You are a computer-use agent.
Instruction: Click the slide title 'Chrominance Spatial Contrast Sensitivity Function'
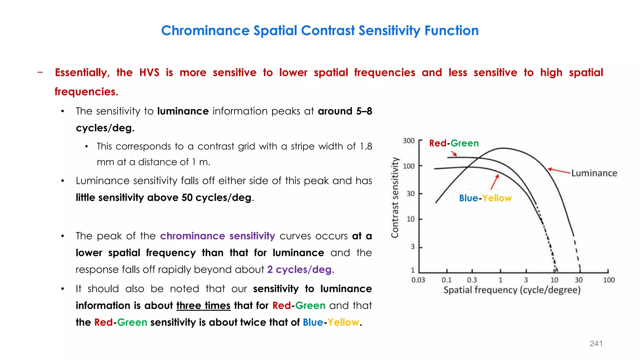tap(320, 31)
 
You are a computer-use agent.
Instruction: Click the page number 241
tap(596, 343)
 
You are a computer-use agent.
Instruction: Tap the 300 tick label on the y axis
tap(408, 141)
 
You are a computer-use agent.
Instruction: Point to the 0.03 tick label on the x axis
tap(418, 280)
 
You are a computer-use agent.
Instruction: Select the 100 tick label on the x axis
tap(609, 280)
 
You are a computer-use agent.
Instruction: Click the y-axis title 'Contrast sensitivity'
tap(395, 197)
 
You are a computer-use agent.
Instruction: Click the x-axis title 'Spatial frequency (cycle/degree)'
tap(512, 290)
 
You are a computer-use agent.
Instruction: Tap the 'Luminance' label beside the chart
tap(594, 173)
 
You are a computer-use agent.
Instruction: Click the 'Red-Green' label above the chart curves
tap(454, 143)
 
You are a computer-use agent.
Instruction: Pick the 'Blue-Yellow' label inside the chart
tap(485, 198)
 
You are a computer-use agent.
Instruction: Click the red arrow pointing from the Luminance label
tap(559, 171)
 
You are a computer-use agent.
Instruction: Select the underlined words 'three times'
tap(203, 305)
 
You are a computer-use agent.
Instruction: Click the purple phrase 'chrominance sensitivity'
tap(217, 236)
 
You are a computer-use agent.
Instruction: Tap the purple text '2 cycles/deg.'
tap(301, 269)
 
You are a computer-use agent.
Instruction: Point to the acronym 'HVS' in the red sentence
tap(149, 72)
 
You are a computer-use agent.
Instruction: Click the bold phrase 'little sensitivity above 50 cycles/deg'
tap(164, 197)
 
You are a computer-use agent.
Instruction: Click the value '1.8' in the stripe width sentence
tap(366, 146)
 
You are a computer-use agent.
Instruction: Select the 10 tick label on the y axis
tap(410, 219)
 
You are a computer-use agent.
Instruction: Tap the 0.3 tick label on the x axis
tap(472, 280)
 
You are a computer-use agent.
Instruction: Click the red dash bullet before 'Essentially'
tap(40, 72)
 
